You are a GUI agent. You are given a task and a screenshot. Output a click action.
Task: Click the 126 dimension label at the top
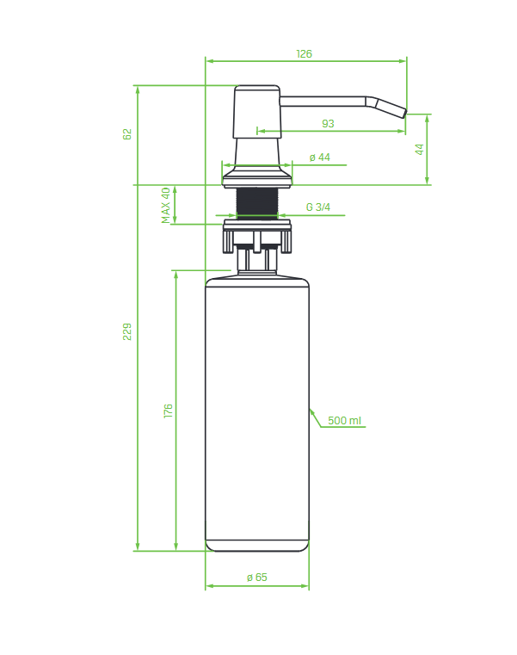304,54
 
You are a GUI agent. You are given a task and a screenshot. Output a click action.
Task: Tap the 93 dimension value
328,124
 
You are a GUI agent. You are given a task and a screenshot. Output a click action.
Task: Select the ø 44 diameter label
319,157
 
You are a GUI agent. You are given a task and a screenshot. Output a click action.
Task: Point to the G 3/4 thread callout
317,207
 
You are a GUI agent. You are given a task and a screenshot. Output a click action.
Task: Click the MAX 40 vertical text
166,205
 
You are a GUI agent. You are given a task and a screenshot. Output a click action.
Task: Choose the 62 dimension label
127,134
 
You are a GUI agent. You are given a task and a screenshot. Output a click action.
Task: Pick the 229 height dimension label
127,331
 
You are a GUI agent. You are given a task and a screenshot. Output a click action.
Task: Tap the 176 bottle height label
168,411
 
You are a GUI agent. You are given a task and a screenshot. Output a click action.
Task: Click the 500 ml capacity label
344,420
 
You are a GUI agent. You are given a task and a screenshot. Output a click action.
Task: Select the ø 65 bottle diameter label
257,578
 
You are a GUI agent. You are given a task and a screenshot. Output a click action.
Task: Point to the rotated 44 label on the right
419,149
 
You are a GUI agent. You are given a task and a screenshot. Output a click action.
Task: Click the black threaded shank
257,203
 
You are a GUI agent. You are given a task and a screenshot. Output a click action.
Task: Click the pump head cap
257,112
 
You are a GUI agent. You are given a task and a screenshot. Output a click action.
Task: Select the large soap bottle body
257,413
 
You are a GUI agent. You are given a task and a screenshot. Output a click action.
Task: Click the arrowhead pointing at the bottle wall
312,413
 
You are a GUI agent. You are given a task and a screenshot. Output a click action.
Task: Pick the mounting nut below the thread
257,236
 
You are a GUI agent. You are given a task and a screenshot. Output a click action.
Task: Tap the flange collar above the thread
257,176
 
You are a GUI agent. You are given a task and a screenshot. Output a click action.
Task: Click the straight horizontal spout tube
323,102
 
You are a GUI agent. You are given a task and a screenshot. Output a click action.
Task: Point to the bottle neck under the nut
257,261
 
